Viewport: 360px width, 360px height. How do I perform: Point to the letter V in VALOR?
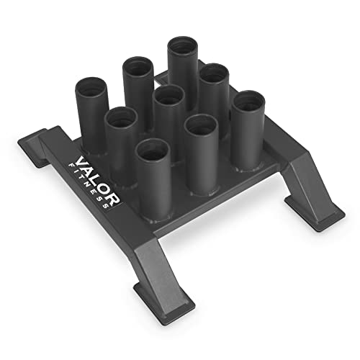click(77, 153)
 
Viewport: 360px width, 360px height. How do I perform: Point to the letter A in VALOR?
click(84, 163)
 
